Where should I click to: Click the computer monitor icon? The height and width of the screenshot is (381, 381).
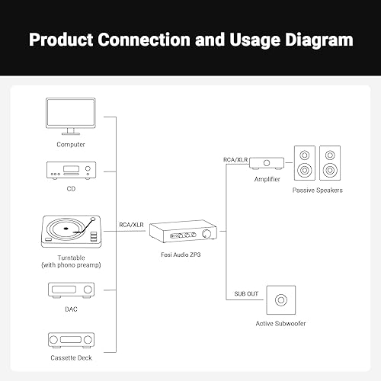70,117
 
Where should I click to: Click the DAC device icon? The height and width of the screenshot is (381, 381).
70,290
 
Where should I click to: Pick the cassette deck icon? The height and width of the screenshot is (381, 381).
70,340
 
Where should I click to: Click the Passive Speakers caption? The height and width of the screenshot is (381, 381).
317,190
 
